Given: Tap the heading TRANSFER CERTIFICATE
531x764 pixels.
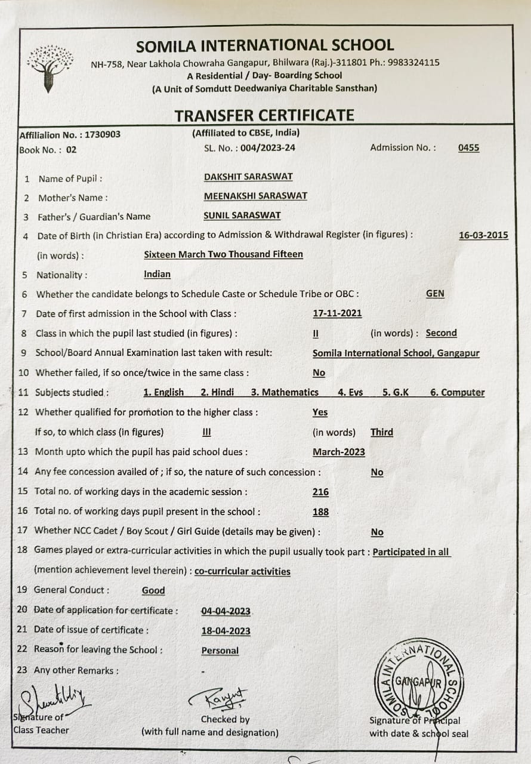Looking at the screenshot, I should (264, 115).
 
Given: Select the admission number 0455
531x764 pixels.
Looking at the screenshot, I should (468, 148).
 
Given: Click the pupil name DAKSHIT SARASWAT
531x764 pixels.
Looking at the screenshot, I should (248, 177).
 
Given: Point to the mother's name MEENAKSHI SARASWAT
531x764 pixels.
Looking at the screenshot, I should (255, 196).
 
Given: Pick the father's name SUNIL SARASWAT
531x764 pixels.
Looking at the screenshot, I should (242, 215).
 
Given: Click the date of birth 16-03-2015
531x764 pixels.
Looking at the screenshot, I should (483, 235).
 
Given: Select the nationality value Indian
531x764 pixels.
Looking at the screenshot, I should (157, 275).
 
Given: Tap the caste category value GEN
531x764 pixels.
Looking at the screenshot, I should (435, 294).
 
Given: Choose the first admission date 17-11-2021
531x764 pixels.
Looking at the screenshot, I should (337, 313).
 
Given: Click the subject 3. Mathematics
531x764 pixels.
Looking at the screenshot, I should (285, 393).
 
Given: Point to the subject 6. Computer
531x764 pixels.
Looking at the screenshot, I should (457, 393).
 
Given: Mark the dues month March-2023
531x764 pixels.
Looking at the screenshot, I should (338, 452).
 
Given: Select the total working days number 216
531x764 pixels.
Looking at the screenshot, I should (320, 492).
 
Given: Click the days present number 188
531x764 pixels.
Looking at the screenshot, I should (320, 512).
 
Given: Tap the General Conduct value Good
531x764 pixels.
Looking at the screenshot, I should (153, 590).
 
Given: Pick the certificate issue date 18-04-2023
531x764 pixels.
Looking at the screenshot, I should (226, 631).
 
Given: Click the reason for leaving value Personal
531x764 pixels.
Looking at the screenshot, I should (220, 651).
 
